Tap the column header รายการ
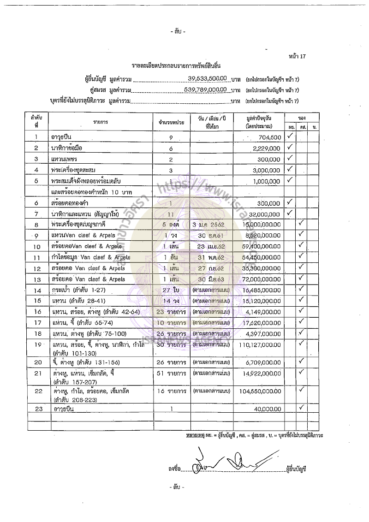[100, 122]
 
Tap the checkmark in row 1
[290, 136]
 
